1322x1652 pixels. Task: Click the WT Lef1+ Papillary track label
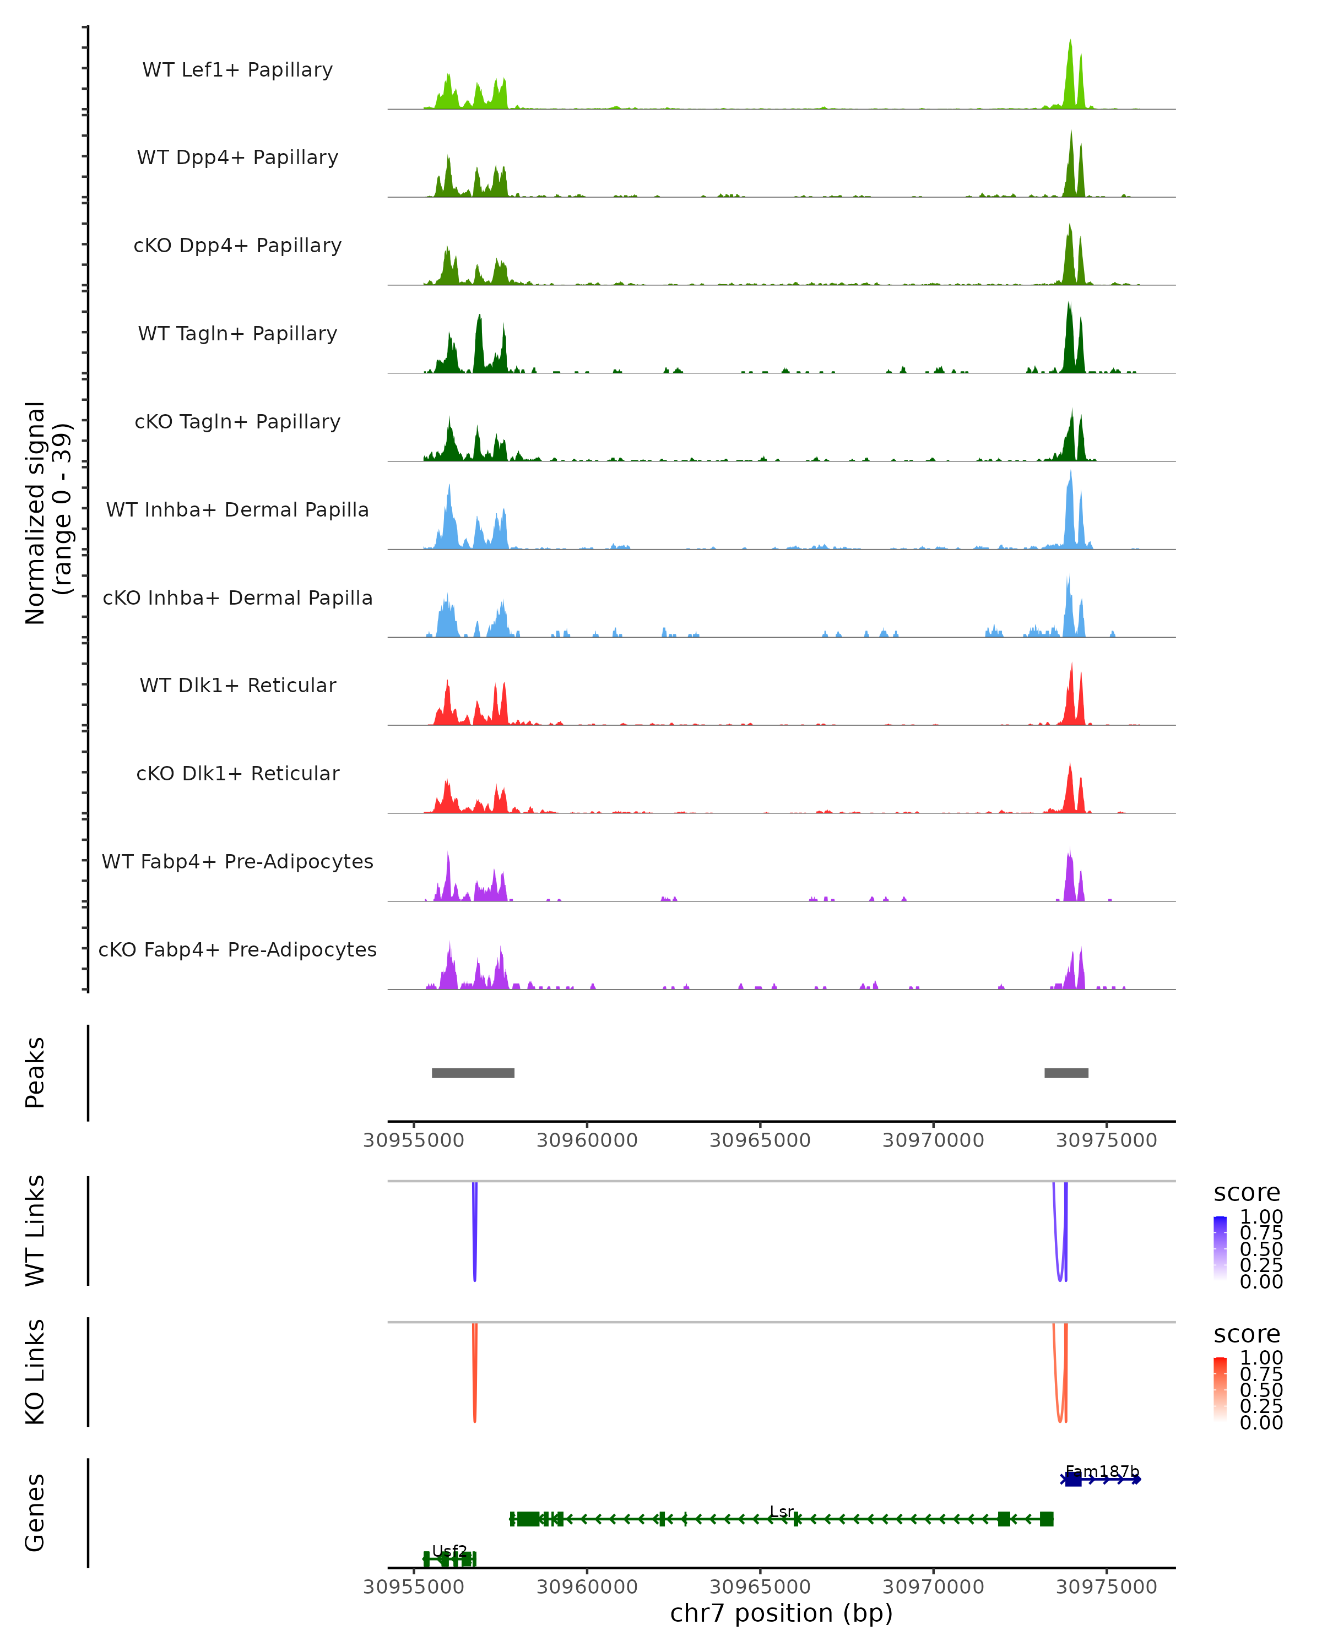237,70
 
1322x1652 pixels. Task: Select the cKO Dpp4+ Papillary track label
237,246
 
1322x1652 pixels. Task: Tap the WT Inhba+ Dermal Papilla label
237,510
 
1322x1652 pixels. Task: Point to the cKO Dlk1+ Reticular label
237,774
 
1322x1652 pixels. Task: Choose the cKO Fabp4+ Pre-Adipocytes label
237,950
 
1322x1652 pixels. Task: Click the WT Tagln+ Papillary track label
237,334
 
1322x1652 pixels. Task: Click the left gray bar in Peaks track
473,1073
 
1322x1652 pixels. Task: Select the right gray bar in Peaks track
1066,1073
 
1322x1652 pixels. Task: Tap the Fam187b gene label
1102,1471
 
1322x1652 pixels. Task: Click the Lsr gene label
782,1512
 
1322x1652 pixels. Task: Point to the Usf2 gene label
450,1551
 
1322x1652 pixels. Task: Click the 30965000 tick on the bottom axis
760,1587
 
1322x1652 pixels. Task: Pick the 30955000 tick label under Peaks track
414,1140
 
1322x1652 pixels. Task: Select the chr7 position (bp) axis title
781,1613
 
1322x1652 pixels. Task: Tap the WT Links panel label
35,1231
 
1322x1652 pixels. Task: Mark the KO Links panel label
35,1372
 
